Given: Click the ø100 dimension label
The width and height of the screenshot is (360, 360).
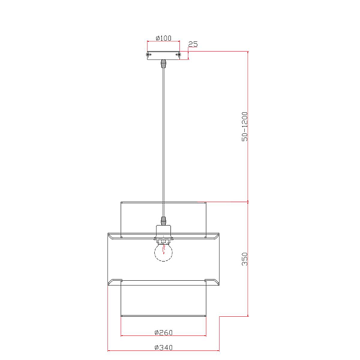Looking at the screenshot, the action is [x=163, y=38].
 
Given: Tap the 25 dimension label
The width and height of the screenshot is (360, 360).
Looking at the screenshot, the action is [x=193, y=44].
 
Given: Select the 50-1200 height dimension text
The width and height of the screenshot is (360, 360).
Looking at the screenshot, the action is [x=245, y=127].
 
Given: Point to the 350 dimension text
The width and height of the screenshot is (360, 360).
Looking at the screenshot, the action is [x=245, y=259].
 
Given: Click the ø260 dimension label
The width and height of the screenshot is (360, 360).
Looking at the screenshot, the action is [x=163, y=332].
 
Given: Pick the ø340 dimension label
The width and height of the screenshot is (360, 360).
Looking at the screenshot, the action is [x=163, y=347].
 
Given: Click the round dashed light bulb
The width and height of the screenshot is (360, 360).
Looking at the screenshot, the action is [x=163, y=252].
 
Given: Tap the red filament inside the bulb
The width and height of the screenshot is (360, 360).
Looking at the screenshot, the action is [x=164, y=250].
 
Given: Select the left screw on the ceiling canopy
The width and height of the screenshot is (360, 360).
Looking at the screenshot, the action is [x=148, y=55].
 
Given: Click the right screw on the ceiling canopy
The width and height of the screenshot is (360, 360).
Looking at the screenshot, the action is [x=178, y=55].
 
